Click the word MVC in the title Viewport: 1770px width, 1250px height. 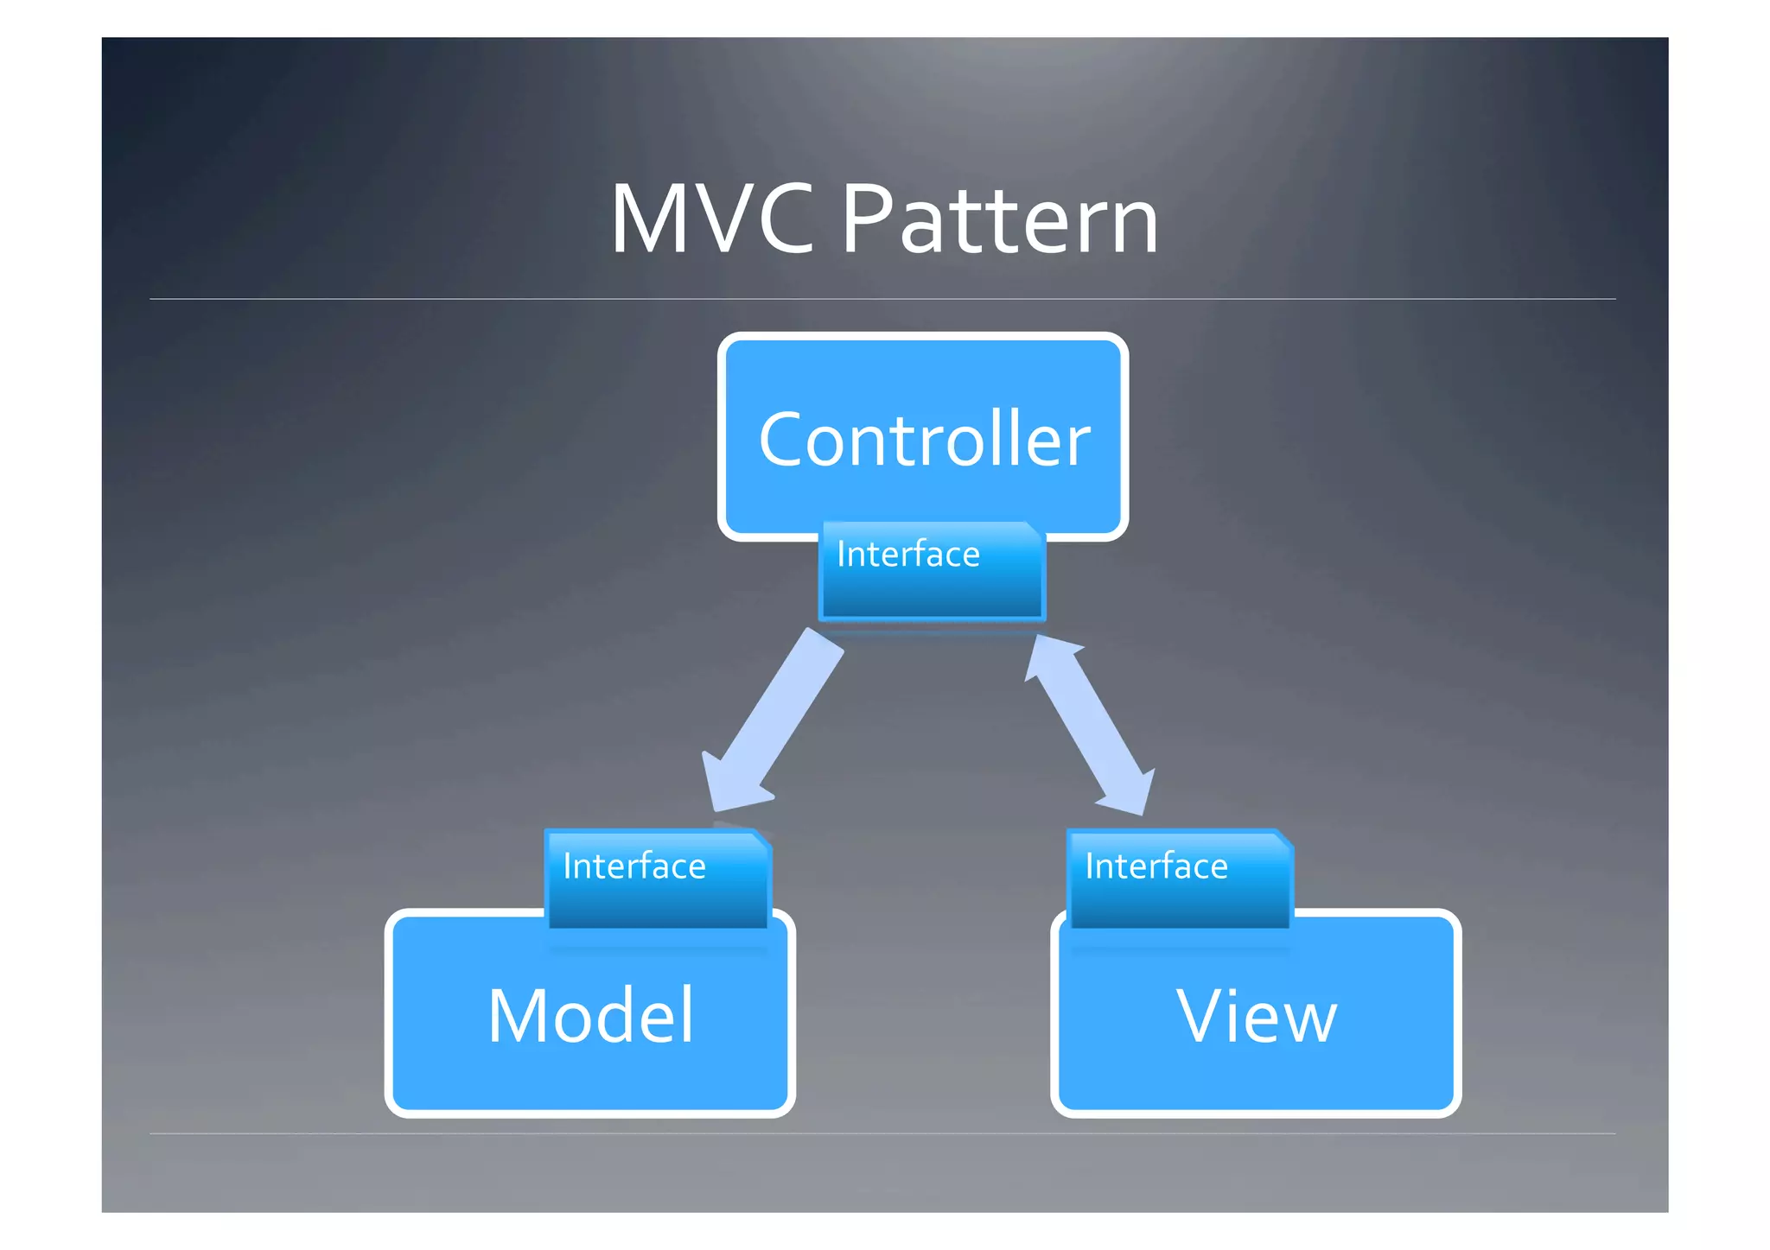coord(711,221)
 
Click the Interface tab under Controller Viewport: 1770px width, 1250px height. coord(932,571)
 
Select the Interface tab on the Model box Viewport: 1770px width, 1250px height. coord(657,879)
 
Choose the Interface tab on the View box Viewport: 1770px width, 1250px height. coord(1180,879)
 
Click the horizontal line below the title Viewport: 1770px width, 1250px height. coord(882,299)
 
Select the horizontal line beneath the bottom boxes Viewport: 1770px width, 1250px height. coord(882,1133)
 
